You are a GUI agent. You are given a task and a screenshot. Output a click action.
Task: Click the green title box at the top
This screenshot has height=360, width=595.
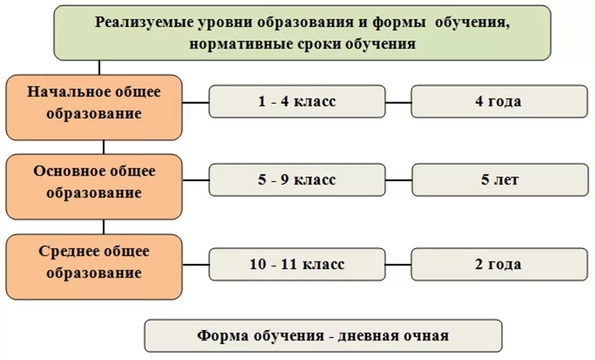(x=302, y=33)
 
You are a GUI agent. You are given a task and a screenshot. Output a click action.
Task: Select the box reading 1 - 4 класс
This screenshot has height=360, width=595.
(x=297, y=101)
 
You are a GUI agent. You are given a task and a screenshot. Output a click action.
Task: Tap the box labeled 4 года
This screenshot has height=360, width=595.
(x=499, y=101)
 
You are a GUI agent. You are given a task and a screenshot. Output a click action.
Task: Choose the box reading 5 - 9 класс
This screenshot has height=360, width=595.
(x=297, y=180)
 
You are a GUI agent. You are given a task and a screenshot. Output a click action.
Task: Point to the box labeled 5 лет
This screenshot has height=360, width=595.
(x=499, y=180)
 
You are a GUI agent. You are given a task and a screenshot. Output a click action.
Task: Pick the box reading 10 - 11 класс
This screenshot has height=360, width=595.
(x=297, y=264)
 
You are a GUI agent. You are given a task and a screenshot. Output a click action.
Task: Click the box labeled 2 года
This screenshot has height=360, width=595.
(x=499, y=264)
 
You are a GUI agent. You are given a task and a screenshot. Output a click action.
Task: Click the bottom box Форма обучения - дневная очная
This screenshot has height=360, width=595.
(x=323, y=336)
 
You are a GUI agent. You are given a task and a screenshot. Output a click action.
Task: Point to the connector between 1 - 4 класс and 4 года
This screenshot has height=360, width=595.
(x=399, y=102)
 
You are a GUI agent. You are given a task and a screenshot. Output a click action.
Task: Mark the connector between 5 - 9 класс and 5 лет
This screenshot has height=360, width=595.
(x=399, y=181)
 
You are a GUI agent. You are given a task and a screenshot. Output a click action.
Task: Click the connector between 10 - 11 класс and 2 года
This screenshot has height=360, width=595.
(x=399, y=264)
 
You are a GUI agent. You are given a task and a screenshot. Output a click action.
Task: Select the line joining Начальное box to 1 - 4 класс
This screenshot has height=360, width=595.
(x=195, y=102)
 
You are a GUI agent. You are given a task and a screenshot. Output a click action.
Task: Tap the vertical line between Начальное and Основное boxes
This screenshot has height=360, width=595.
(x=104, y=147)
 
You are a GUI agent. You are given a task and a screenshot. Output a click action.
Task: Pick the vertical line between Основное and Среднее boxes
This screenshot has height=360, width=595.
(x=104, y=227)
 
